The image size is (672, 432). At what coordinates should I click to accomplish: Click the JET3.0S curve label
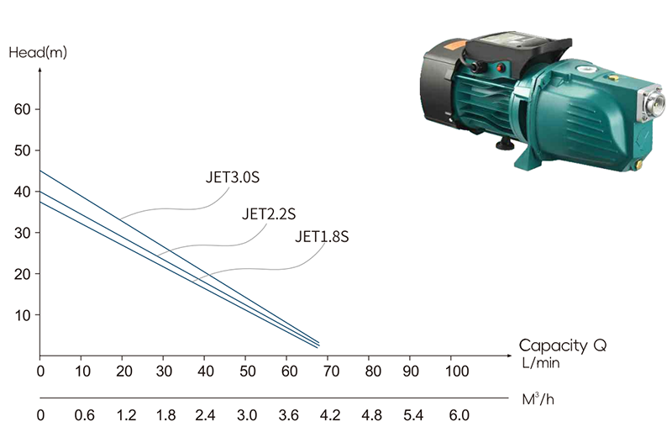(233, 177)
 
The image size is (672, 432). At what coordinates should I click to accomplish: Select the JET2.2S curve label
(269, 213)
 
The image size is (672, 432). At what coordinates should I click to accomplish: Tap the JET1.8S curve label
(322, 236)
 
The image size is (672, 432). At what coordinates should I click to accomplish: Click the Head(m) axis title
(38, 52)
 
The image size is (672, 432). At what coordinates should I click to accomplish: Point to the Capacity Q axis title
(563, 345)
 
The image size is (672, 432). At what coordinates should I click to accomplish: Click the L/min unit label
(541, 363)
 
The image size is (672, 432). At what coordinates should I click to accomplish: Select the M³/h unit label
(538, 399)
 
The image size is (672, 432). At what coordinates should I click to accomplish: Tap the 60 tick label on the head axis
(23, 109)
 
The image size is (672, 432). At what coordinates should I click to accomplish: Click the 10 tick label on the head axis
(23, 315)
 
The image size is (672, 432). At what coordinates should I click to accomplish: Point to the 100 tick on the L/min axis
(457, 371)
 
